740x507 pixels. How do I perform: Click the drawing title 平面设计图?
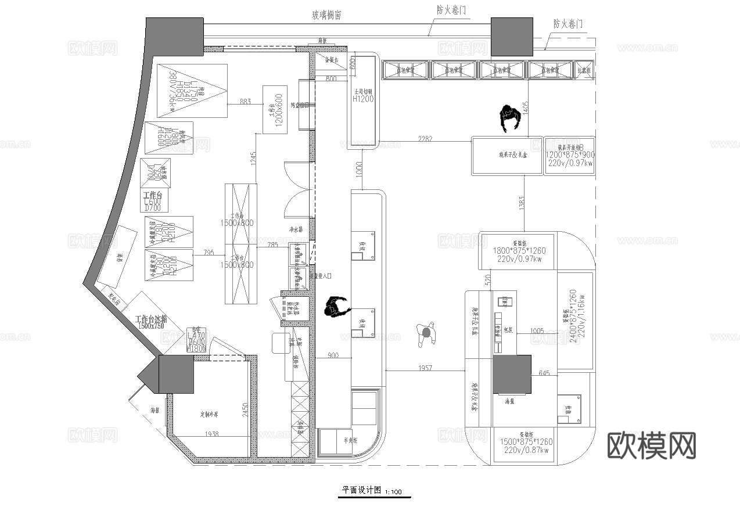pyautogui.click(x=361, y=490)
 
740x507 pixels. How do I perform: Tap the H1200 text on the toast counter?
pyautogui.click(x=364, y=99)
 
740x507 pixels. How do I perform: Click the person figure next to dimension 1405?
pyautogui.click(x=509, y=120)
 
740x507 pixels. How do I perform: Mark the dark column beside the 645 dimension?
pyautogui.click(x=512, y=375)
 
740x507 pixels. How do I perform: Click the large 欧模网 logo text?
pyautogui.click(x=652, y=445)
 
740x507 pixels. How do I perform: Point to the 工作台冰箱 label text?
pyautogui.click(x=151, y=319)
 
